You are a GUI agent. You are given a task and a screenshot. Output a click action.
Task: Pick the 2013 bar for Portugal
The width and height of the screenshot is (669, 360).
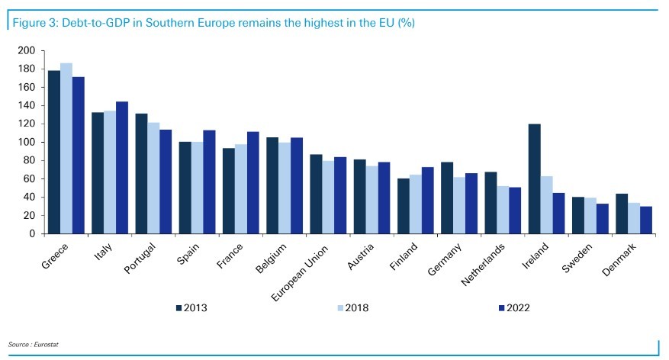141,174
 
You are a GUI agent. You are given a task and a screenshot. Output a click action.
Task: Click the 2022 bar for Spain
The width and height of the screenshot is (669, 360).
209,182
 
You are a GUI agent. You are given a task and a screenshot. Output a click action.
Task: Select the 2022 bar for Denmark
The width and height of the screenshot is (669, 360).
646,220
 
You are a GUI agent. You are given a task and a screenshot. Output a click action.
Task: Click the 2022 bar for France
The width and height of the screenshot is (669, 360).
253,183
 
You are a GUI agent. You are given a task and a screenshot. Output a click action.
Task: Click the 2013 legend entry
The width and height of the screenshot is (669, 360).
191,308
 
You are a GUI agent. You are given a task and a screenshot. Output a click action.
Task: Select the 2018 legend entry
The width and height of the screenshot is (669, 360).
352,308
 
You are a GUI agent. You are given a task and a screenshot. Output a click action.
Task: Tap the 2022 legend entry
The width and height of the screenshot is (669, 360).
513,308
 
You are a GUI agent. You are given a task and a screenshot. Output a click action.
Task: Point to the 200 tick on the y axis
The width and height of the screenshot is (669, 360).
27,50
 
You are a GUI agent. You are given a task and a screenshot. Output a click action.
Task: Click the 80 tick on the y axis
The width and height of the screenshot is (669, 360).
30,160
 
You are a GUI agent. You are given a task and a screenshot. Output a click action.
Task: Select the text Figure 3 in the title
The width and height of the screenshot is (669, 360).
31,23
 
